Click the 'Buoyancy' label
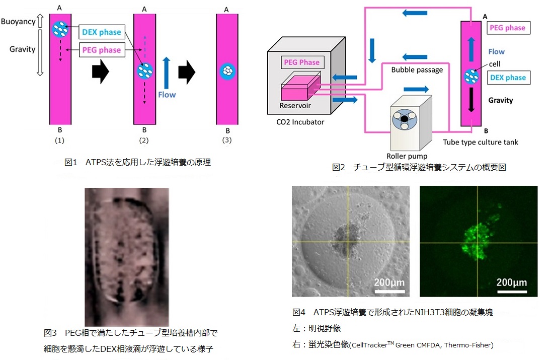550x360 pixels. pyautogui.click(x=18, y=22)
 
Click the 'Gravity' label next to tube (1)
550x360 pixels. pyautogui.click(x=23, y=49)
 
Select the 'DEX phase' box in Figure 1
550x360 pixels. pyautogui.click(x=102, y=32)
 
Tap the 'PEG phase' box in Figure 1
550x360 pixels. pyautogui.click(x=102, y=50)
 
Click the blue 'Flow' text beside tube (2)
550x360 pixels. pyautogui.click(x=167, y=95)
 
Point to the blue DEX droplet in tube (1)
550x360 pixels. pyautogui.click(x=60, y=29)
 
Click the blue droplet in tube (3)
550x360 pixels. pyautogui.click(x=227, y=71)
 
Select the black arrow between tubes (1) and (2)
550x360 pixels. pyautogui.click(x=101, y=71)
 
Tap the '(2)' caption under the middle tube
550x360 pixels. pyautogui.click(x=144, y=140)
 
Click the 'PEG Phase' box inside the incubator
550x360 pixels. pyautogui.click(x=301, y=62)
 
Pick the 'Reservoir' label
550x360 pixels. pyautogui.click(x=295, y=106)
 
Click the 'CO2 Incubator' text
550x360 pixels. pyautogui.click(x=300, y=122)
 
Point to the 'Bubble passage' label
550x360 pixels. pyautogui.click(x=417, y=70)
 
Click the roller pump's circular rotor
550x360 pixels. pyautogui.click(x=405, y=119)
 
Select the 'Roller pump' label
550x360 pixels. pyautogui.click(x=407, y=156)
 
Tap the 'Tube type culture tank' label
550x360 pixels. pyautogui.click(x=480, y=142)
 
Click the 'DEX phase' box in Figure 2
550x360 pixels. pyautogui.click(x=508, y=78)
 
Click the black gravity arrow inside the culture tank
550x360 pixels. pyautogui.click(x=472, y=100)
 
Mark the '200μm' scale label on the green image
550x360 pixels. pyautogui.click(x=511, y=282)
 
